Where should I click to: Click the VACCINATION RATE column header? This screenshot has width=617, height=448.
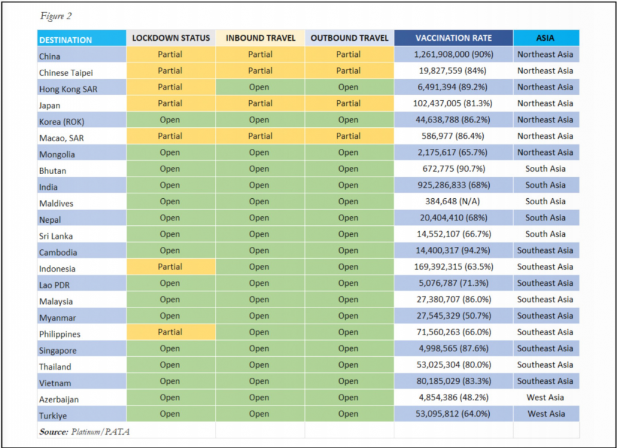tap(453, 38)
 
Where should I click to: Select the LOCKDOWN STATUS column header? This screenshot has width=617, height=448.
tap(171, 38)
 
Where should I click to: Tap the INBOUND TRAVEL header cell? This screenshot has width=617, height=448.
tap(260, 38)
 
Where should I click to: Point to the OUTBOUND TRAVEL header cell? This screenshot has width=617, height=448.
tap(349, 38)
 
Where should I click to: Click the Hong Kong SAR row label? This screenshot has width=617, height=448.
tap(68, 89)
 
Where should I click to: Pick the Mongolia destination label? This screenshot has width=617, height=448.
tap(56, 154)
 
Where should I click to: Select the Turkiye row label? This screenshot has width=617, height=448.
tap(53, 416)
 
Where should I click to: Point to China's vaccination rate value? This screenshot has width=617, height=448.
tap(453, 54)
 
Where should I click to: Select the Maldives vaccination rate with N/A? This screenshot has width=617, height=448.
tap(453, 201)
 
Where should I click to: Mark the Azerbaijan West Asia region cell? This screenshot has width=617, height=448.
tap(546, 397)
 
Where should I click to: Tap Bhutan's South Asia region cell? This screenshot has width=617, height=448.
tap(546, 169)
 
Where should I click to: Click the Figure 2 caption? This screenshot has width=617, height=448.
tap(56, 16)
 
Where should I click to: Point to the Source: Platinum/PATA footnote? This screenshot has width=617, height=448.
tap(84, 432)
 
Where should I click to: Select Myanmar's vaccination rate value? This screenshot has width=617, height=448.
tap(453, 316)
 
